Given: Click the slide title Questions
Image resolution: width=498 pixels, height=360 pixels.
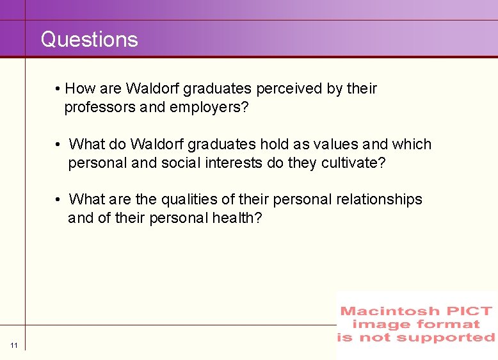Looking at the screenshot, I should (89, 40).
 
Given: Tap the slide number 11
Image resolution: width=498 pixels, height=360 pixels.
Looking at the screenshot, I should (14, 346).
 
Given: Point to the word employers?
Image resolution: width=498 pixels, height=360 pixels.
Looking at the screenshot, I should (209, 107).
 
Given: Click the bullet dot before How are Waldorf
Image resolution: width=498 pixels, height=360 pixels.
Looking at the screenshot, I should (58, 89).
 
